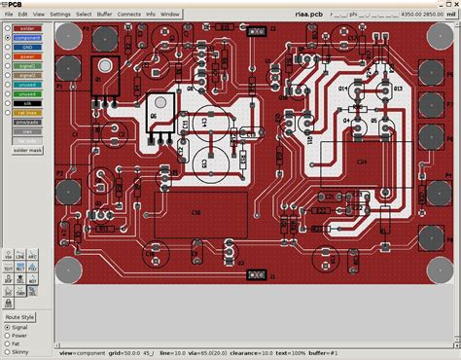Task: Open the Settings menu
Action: [x=59, y=15]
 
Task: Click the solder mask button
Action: [x=27, y=150]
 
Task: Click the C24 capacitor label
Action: [x=361, y=161]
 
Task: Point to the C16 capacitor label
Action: [x=195, y=210]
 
